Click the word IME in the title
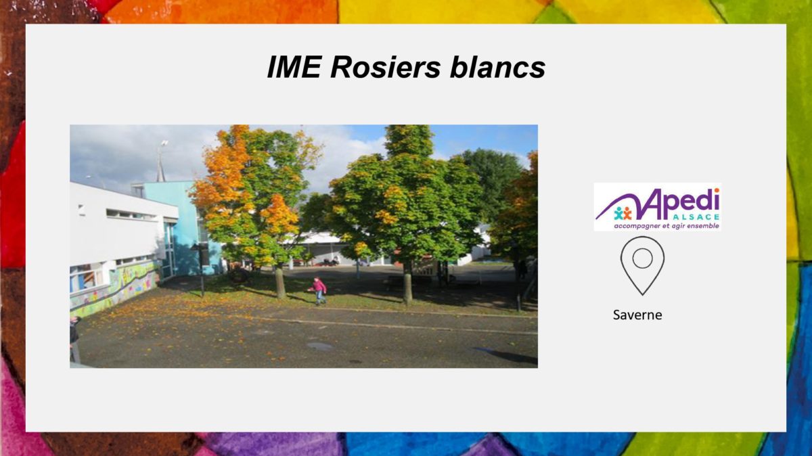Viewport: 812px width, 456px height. click(294, 67)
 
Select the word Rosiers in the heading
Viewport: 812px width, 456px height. click(385, 67)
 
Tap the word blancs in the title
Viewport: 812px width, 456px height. click(498, 67)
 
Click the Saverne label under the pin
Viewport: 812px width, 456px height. click(637, 315)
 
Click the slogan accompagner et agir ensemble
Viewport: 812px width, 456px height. click(667, 226)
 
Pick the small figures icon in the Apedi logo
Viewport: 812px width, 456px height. click(623, 214)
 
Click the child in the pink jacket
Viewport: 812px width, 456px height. click(318, 291)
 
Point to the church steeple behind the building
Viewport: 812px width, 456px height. click(160, 163)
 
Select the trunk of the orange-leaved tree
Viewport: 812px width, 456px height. click(280, 281)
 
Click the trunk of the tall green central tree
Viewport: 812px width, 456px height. click(407, 283)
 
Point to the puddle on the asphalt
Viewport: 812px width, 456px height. click(319, 346)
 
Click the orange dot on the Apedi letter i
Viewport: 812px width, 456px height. click(717, 191)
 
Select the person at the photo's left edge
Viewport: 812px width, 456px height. click(74, 339)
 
